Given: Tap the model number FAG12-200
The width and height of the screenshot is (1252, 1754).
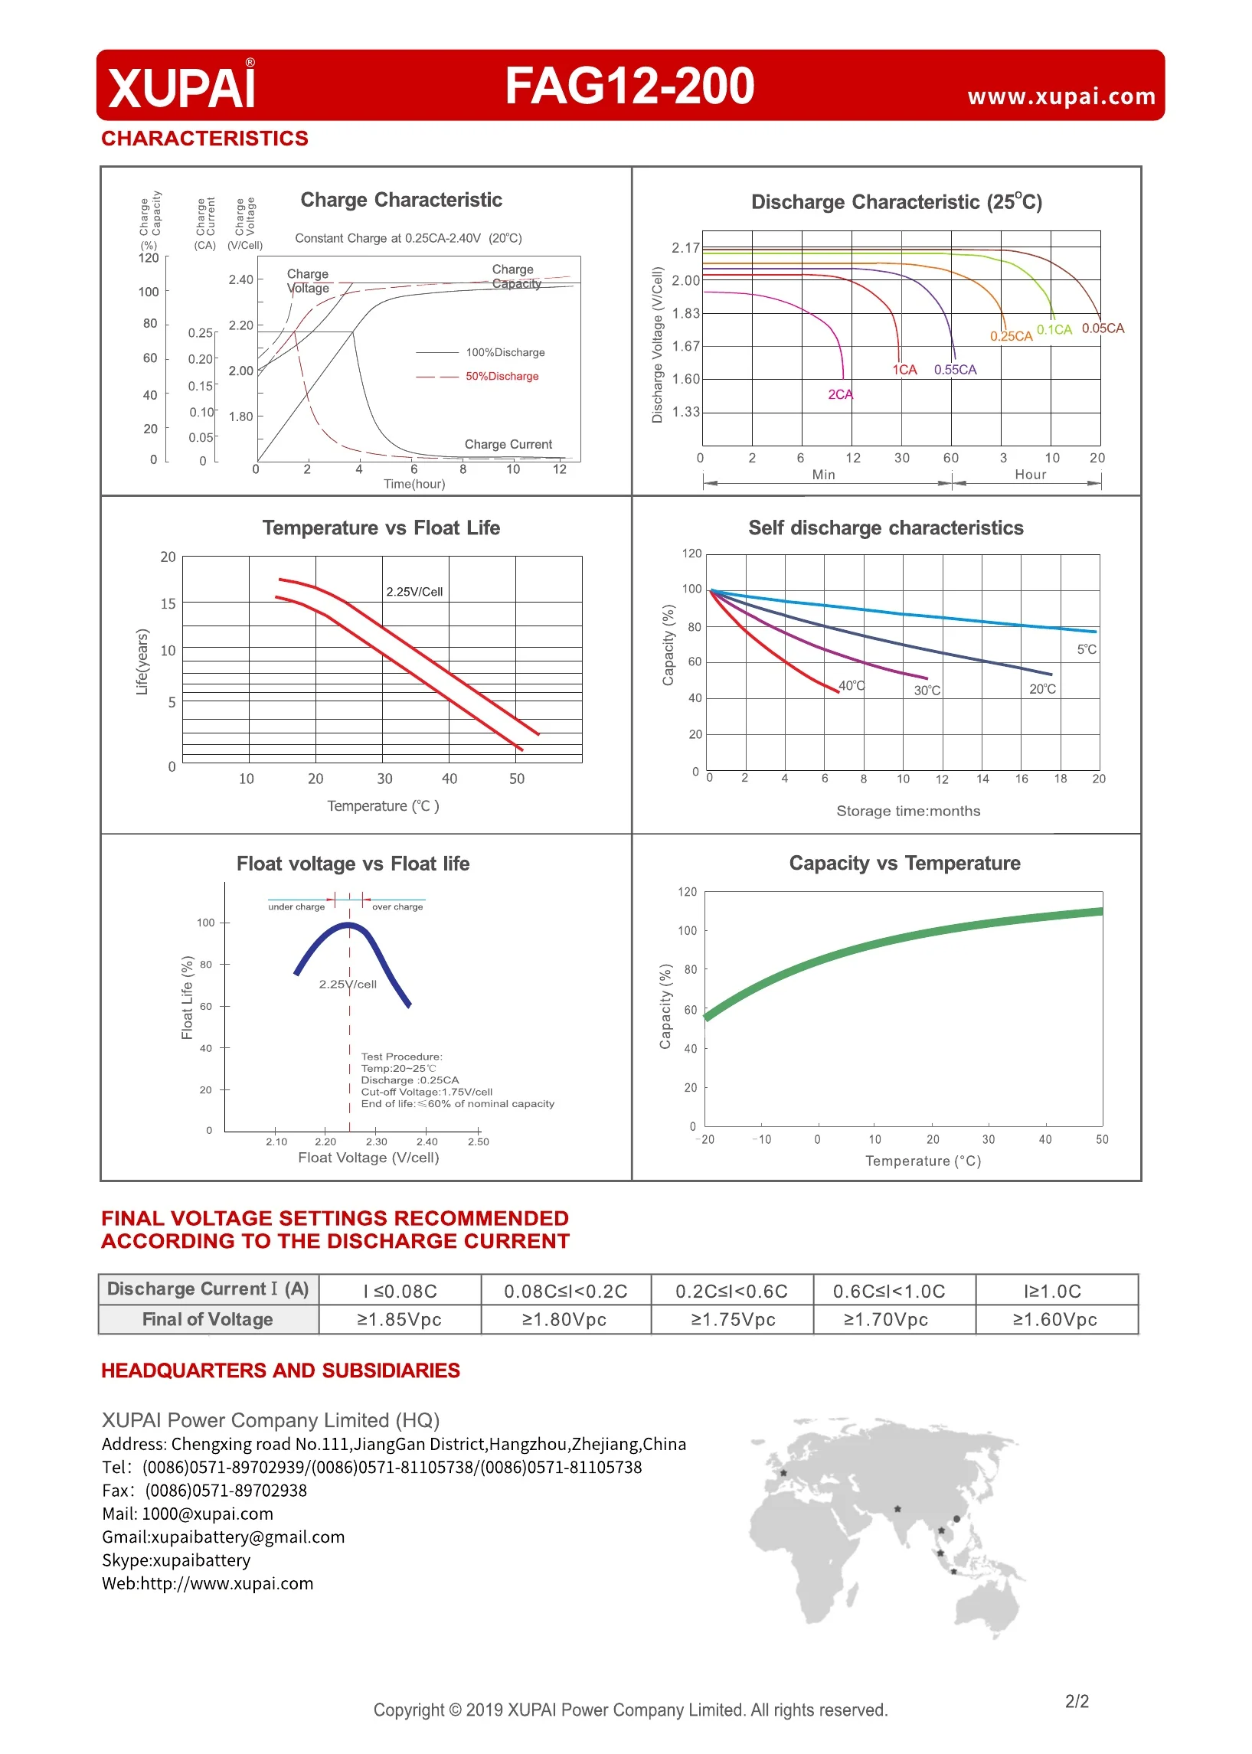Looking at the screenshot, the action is (x=630, y=86).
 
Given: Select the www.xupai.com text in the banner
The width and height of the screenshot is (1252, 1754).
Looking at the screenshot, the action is (x=1061, y=97).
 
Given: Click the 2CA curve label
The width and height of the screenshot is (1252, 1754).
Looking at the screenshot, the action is (x=840, y=394).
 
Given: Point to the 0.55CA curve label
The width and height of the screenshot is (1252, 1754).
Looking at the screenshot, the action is (x=955, y=370).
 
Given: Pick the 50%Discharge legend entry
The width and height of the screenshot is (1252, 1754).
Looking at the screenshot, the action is (x=502, y=376).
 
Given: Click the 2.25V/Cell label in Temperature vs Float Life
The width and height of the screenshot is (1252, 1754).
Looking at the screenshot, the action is (x=415, y=592).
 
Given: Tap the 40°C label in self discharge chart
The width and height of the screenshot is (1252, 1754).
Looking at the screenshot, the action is (x=852, y=686).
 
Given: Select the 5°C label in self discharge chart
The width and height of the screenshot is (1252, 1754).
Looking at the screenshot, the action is (x=1087, y=650).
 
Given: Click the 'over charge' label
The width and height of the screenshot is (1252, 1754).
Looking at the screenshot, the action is (x=397, y=907).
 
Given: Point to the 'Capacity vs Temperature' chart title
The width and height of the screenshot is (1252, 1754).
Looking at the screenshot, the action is (x=904, y=863).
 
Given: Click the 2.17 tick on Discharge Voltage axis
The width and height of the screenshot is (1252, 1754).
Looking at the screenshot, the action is (x=685, y=248).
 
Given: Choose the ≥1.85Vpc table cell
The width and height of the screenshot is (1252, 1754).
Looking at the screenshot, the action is (x=400, y=1319).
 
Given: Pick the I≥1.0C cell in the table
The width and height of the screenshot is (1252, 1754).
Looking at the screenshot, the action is (x=1052, y=1291).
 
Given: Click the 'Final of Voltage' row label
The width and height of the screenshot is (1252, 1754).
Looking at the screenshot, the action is (x=208, y=1319).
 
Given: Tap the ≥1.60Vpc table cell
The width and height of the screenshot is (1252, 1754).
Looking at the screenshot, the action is (x=1054, y=1319).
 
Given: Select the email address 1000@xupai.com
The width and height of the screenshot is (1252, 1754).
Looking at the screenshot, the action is (x=208, y=1514).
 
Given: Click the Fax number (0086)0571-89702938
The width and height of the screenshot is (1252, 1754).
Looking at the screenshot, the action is (x=226, y=1491).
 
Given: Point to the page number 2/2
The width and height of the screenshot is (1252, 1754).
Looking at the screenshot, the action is (x=1077, y=1701).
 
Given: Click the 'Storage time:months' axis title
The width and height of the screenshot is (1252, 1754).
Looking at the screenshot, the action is (x=908, y=811).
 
